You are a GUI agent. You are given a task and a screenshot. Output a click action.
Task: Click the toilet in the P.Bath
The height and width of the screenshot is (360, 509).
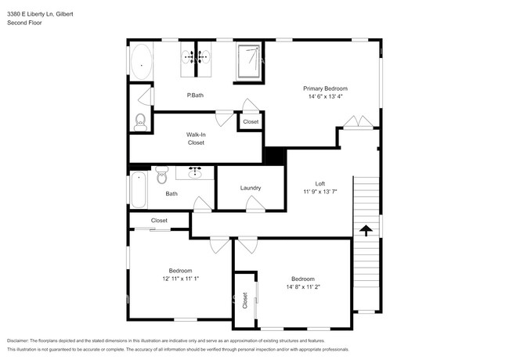[140, 121]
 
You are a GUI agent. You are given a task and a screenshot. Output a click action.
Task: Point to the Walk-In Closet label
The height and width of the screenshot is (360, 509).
[196, 139]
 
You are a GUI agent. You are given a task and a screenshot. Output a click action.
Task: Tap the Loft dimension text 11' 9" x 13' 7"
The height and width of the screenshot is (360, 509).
[319, 192]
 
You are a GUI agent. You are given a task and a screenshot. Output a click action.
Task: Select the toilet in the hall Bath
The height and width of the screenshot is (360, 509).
[161, 175]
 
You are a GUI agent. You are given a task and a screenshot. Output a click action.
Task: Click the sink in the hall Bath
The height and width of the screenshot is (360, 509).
[193, 172]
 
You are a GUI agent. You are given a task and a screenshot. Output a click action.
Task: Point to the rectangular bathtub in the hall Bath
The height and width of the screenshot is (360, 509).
[138, 190]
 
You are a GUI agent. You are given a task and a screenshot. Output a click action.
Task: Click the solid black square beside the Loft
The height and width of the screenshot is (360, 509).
[275, 156]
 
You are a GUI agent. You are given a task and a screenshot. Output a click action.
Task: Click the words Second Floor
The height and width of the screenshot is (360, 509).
[24, 23]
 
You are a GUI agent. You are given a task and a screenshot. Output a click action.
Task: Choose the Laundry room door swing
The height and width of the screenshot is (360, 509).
[254, 203]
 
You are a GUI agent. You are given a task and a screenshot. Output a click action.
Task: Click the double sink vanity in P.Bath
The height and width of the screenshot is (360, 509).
[196, 58]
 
